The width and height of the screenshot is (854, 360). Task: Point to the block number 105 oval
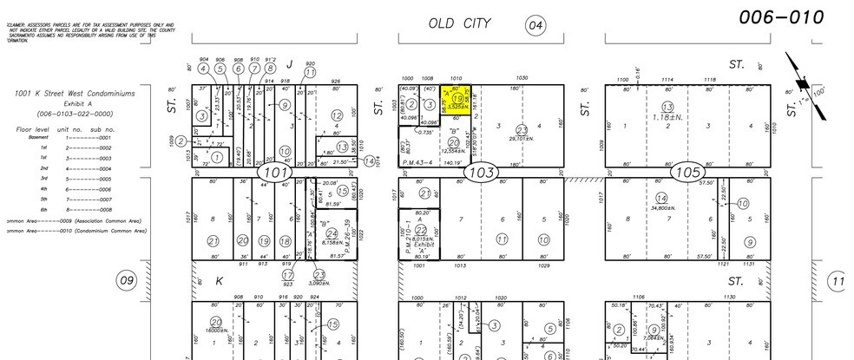686,173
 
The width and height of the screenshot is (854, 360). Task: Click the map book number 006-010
781,17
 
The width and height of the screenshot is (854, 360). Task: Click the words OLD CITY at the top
460,23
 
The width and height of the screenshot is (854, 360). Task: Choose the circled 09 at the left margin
128,279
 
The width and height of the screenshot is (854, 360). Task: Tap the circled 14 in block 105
660,199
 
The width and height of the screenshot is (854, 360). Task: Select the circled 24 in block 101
332,233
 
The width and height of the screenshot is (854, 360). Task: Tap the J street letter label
290,62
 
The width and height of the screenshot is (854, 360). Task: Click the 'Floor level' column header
30,128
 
